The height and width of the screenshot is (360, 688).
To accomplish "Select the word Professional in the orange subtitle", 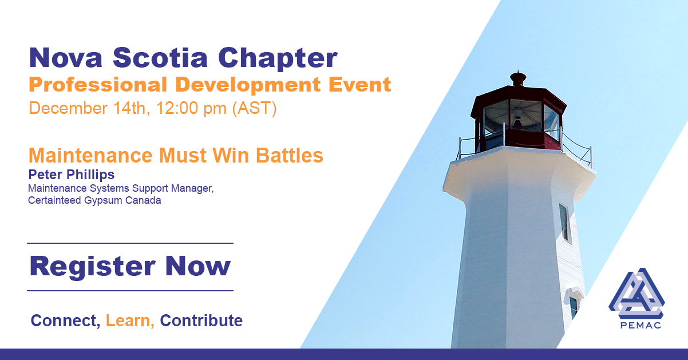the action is pos(98,85).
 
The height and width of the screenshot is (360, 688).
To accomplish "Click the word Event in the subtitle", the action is pos(359,84).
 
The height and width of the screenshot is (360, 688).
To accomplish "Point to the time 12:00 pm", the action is pos(191,108).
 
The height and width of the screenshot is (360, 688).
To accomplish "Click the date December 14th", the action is pos(89,108).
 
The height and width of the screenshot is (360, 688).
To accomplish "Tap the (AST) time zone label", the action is pos(254,108).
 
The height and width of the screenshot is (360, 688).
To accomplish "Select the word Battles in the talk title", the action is pos(289,155).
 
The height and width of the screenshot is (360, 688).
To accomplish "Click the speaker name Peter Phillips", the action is pos(71,175).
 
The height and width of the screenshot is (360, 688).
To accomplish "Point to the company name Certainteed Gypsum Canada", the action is pos(94,200).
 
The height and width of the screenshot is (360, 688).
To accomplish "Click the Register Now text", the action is pos(130,266).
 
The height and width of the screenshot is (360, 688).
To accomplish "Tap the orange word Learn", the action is pos(130,321).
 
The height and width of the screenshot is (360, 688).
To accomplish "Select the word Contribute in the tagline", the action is pos(201,321).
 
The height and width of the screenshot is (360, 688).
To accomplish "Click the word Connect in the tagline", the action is pos(65,321).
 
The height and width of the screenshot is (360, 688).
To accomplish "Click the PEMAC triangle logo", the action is pos(636,293).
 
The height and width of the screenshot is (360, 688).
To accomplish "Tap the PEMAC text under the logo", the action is pos(640,325).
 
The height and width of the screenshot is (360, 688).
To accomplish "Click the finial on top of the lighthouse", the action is pos(518,78).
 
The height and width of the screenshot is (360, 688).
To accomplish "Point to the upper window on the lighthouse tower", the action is pos(564,223).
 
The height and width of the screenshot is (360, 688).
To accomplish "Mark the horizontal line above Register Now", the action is pos(131,243).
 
